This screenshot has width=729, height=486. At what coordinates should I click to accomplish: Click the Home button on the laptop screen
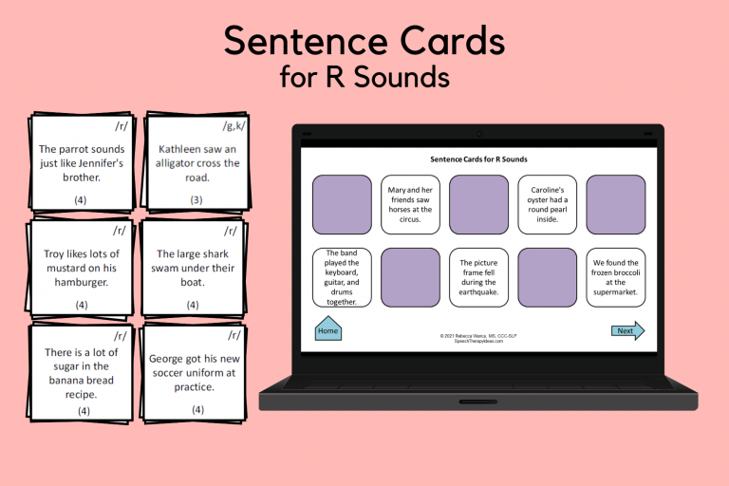tap(327, 330)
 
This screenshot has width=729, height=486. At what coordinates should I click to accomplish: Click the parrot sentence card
tap(81, 162)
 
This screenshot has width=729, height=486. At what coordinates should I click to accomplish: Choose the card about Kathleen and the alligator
tap(197, 162)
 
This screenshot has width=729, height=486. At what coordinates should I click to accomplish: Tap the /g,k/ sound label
tap(233, 126)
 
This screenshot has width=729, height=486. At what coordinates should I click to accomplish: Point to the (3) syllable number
tap(196, 199)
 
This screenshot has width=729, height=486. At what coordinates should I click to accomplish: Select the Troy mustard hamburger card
tap(82, 268)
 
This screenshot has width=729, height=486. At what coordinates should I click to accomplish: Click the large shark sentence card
tap(195, 268)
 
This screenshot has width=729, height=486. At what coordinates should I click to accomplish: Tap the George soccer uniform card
tap(196, 373)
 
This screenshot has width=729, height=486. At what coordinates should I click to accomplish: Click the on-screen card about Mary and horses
tap(411, 204)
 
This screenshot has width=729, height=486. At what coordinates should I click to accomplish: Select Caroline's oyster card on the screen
tap(548, 204)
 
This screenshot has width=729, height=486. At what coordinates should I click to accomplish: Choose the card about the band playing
tap(342, 277)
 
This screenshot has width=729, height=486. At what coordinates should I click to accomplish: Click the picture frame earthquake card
tap(478, 277)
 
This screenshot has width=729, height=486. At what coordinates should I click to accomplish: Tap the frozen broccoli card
tap(615, 277)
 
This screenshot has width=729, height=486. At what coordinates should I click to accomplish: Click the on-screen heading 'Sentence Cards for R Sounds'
tap(478, 159)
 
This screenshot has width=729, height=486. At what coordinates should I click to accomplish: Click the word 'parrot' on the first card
tap(91, 149)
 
